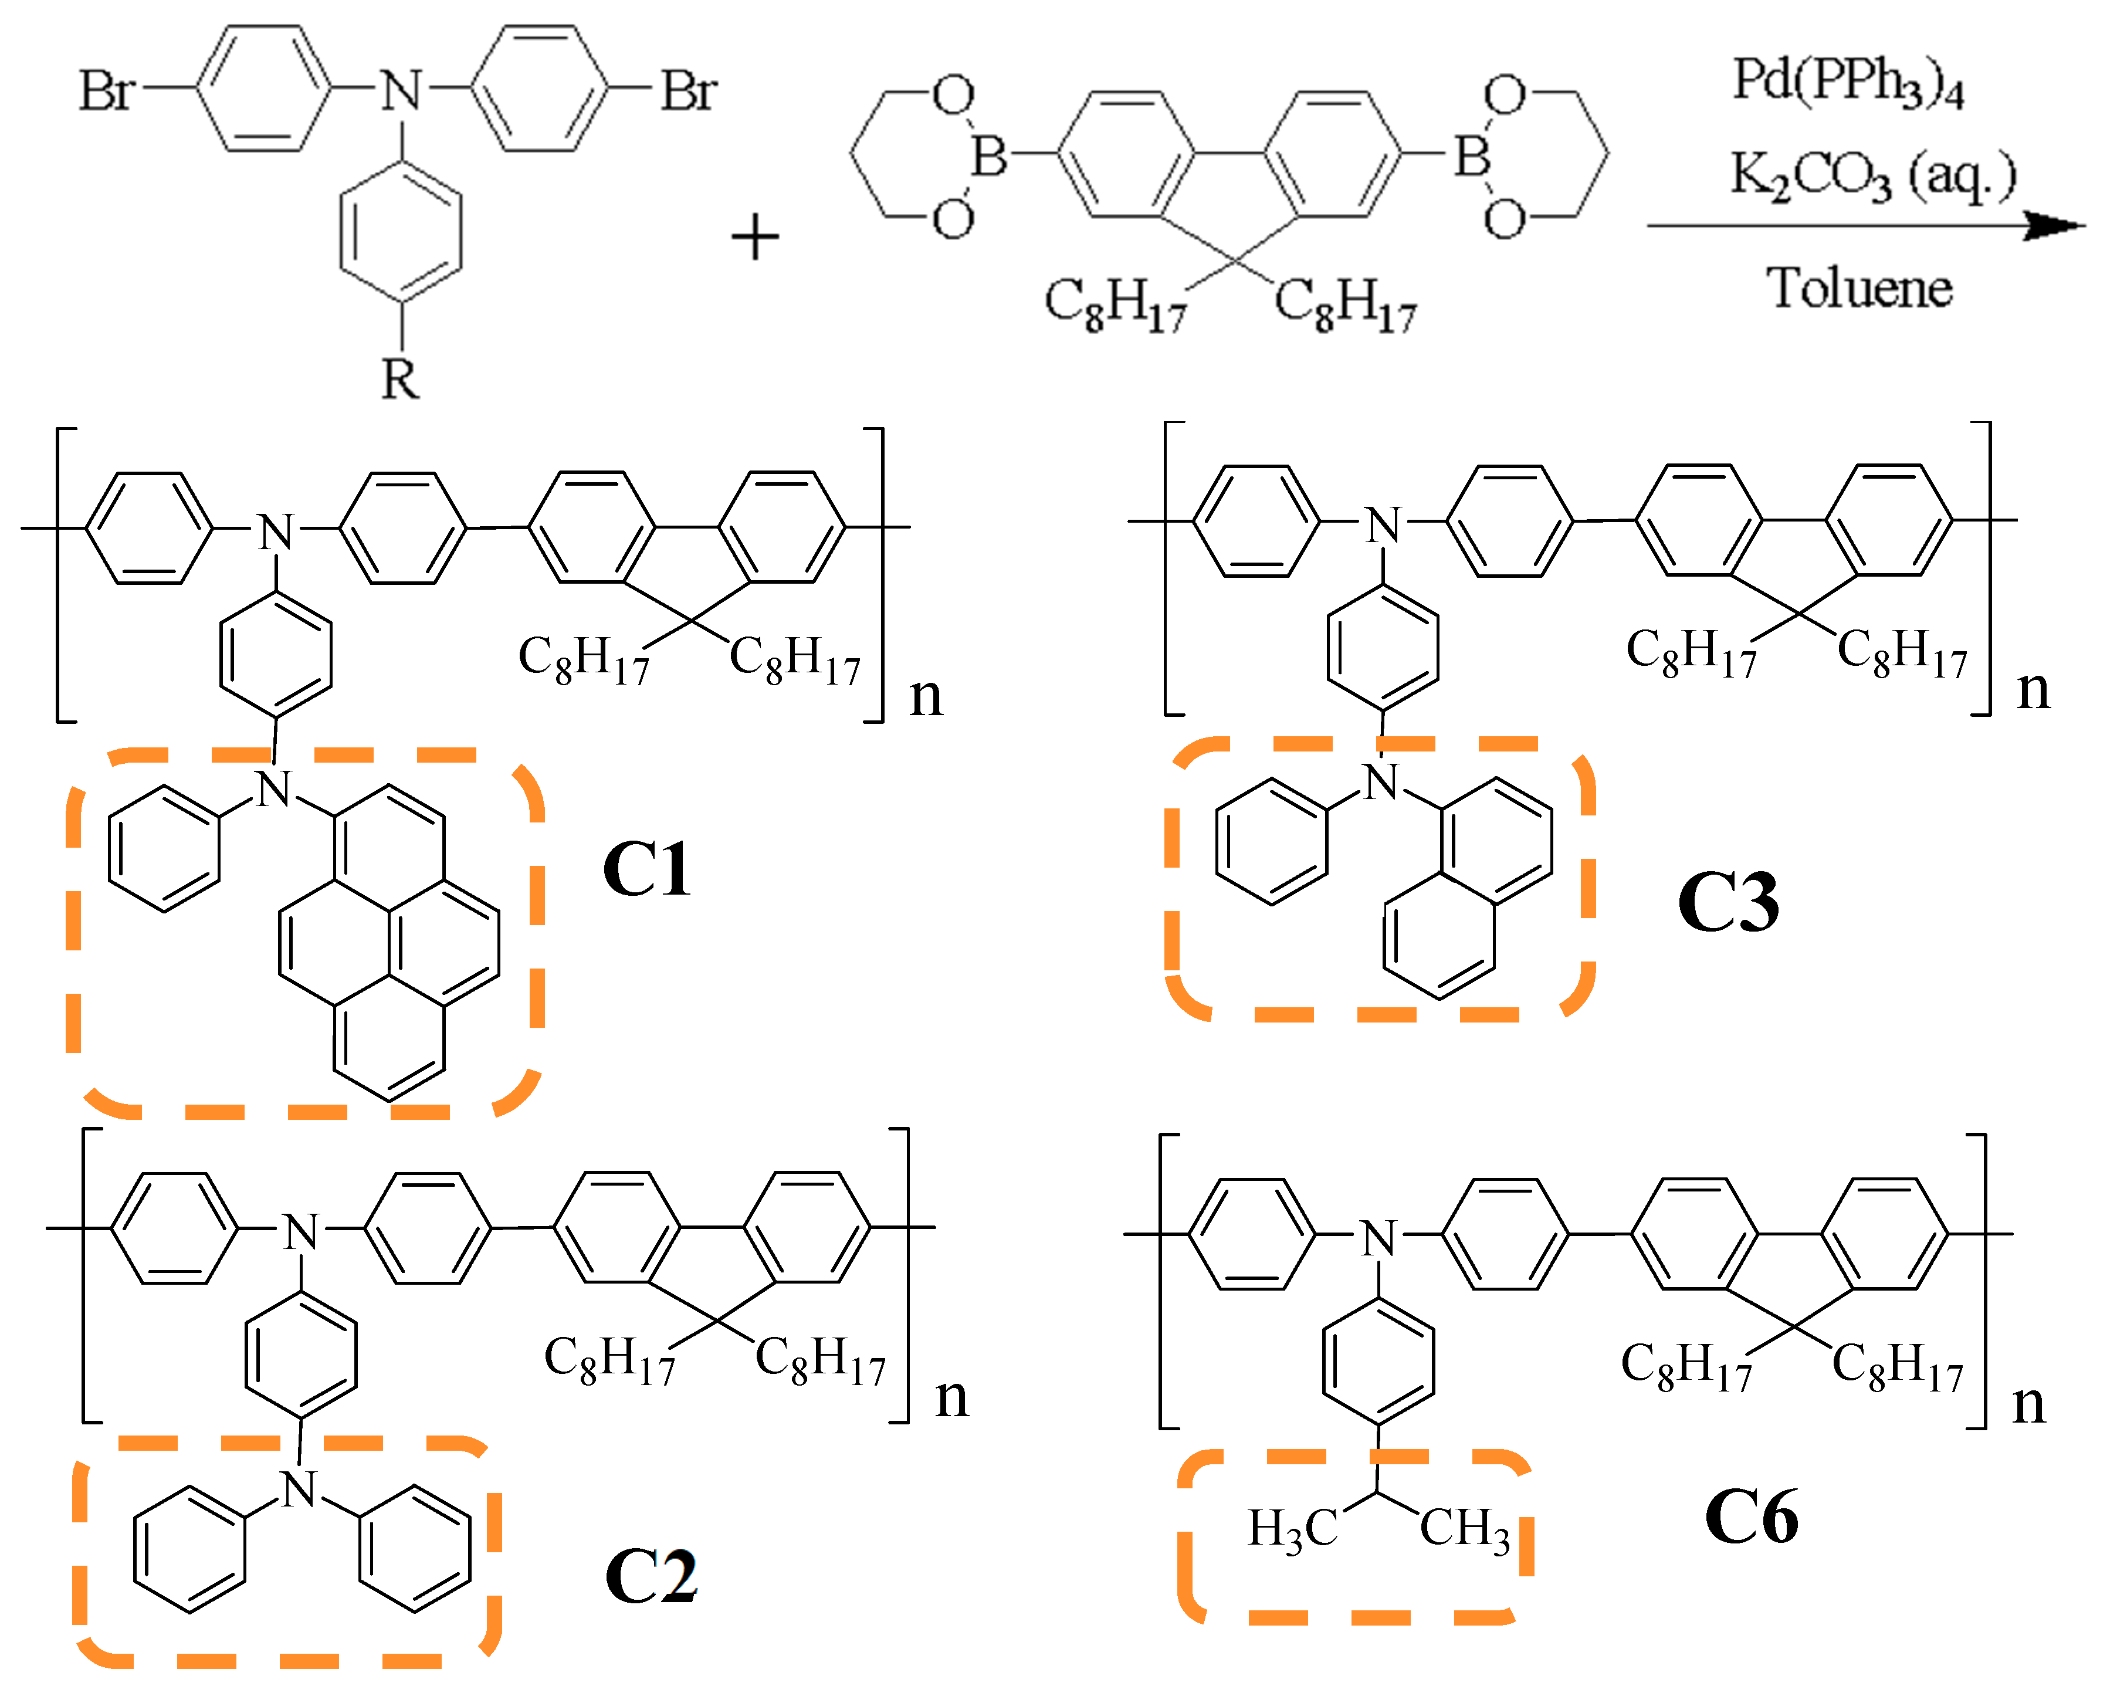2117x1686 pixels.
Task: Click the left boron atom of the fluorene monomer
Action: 989,155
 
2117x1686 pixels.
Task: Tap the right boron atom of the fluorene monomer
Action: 1472,155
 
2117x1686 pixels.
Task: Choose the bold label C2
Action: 650,1576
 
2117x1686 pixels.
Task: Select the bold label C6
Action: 1752,1517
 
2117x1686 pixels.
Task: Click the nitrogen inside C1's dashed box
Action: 275,788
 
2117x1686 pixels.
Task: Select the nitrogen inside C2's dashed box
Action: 300,1489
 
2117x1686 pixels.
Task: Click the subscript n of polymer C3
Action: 2033,690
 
